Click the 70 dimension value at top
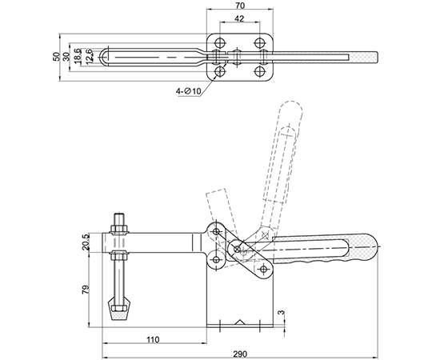tap(240, 5)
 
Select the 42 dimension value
tap(239, 18)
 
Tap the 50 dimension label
tap(57, 57)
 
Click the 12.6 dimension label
tap(89, 57)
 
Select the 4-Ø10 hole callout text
tap(189, 90)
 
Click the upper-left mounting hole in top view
tap(220, 42)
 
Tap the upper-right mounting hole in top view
tap(259, 42)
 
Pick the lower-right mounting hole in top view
tap(259, 72)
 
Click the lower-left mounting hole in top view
tap(220, 72)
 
